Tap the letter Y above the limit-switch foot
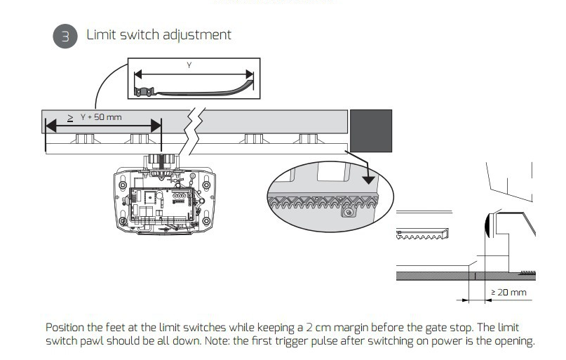[189, 65]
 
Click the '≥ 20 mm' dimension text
[508, 291]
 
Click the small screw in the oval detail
[346, 213]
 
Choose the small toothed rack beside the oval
[422, 233]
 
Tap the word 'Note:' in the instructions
[257, 342]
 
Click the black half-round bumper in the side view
[487, 226]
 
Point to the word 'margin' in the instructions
[361, 328]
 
